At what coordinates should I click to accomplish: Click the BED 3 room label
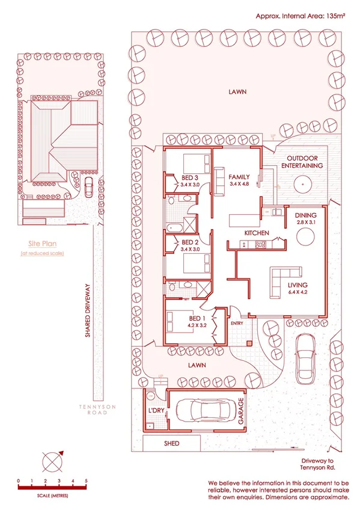(189, 177)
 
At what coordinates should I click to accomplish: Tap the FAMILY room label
(239, 177)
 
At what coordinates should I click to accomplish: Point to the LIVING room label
(297, 285)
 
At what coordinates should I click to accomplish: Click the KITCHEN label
(255, 233)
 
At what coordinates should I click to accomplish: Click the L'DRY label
(156, 410)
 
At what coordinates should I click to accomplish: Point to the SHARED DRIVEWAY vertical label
(88, 310)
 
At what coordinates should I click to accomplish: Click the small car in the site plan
(88, 188)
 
